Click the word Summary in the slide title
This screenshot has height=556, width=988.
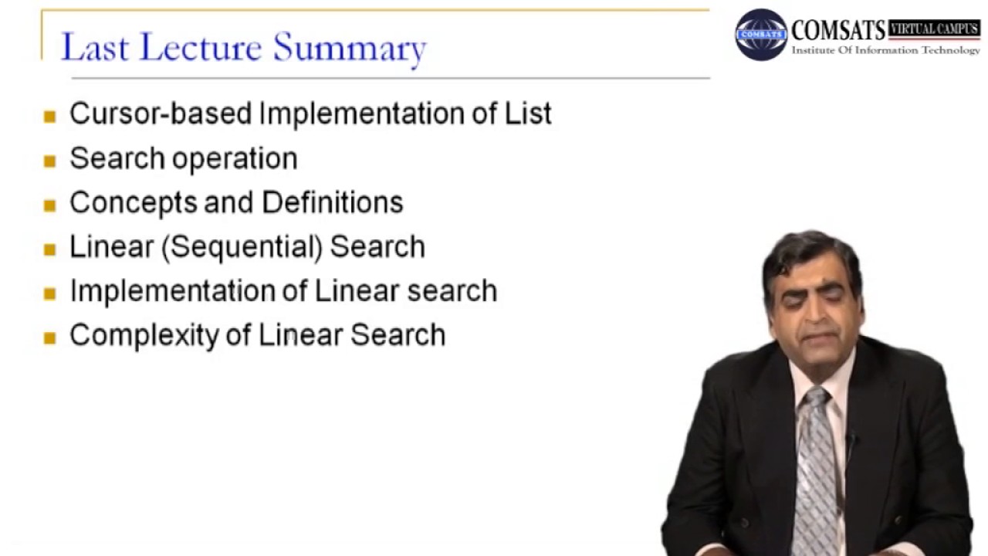coord(349,48)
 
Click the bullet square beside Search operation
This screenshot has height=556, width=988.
coord(50,161)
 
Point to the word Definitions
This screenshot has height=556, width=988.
coord(332,202)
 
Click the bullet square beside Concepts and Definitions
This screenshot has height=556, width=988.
coord(50,205)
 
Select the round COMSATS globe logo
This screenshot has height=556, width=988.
coord(761,35)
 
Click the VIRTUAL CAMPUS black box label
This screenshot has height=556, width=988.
coord(934,29)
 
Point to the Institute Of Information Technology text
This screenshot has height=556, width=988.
coord(885,51)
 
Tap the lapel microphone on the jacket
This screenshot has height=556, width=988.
coord(850,440)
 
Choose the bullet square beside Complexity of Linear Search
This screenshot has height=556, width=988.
coord(50,338)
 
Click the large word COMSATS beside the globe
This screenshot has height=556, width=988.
coord(838,31)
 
